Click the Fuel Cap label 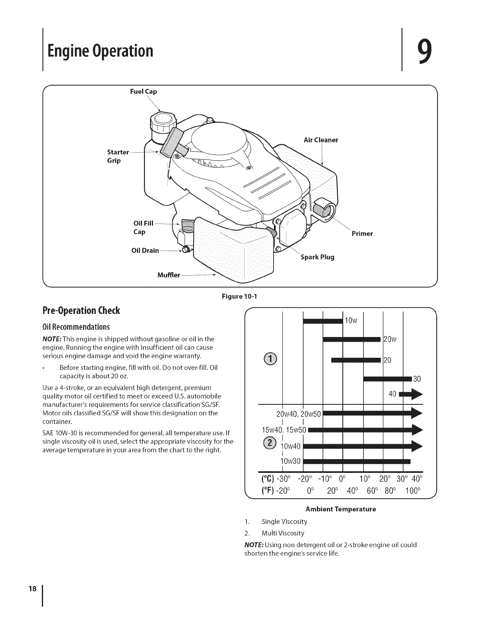[x=143, y=92]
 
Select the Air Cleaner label [x=321, y=140]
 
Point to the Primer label [x=362, y=234]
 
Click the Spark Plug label [x=317, y=257]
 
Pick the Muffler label [x=168, y=275]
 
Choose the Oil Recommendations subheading [x=76, y=326]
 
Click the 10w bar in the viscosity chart [x=322, y=321]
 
